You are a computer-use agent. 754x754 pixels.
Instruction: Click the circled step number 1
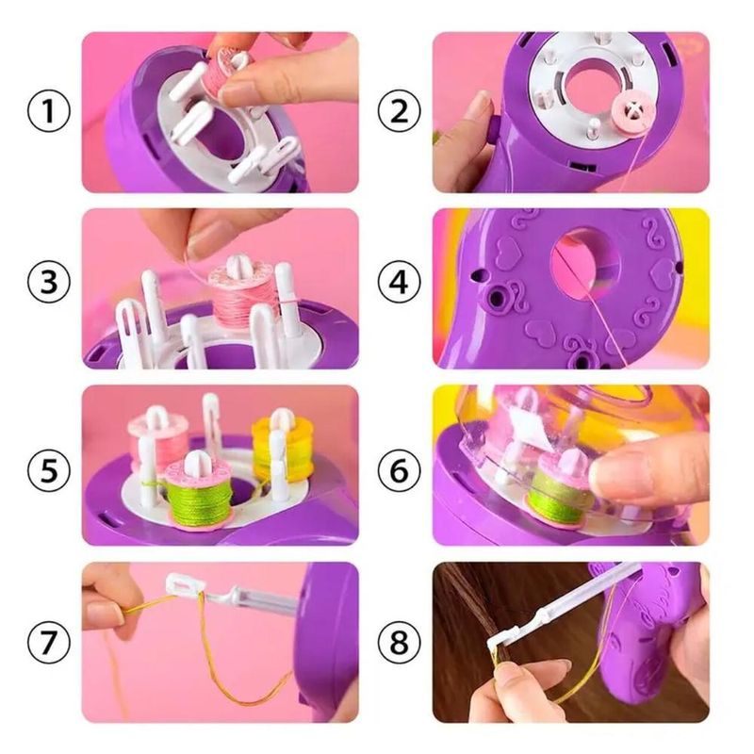[x=49, y=110]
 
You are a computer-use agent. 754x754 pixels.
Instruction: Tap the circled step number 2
[x=399, y=110]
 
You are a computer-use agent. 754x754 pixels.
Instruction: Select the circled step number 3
[x=49, y=282]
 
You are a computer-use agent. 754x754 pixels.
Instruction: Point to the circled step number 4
[x=399, y=282]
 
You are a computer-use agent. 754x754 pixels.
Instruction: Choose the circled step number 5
[x=49, y=470]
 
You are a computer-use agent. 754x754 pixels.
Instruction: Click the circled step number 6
[x=399, y=470]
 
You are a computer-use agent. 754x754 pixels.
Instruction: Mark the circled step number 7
[x=49, y=643]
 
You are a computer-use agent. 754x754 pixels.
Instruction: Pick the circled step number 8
[x=399, y=643]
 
